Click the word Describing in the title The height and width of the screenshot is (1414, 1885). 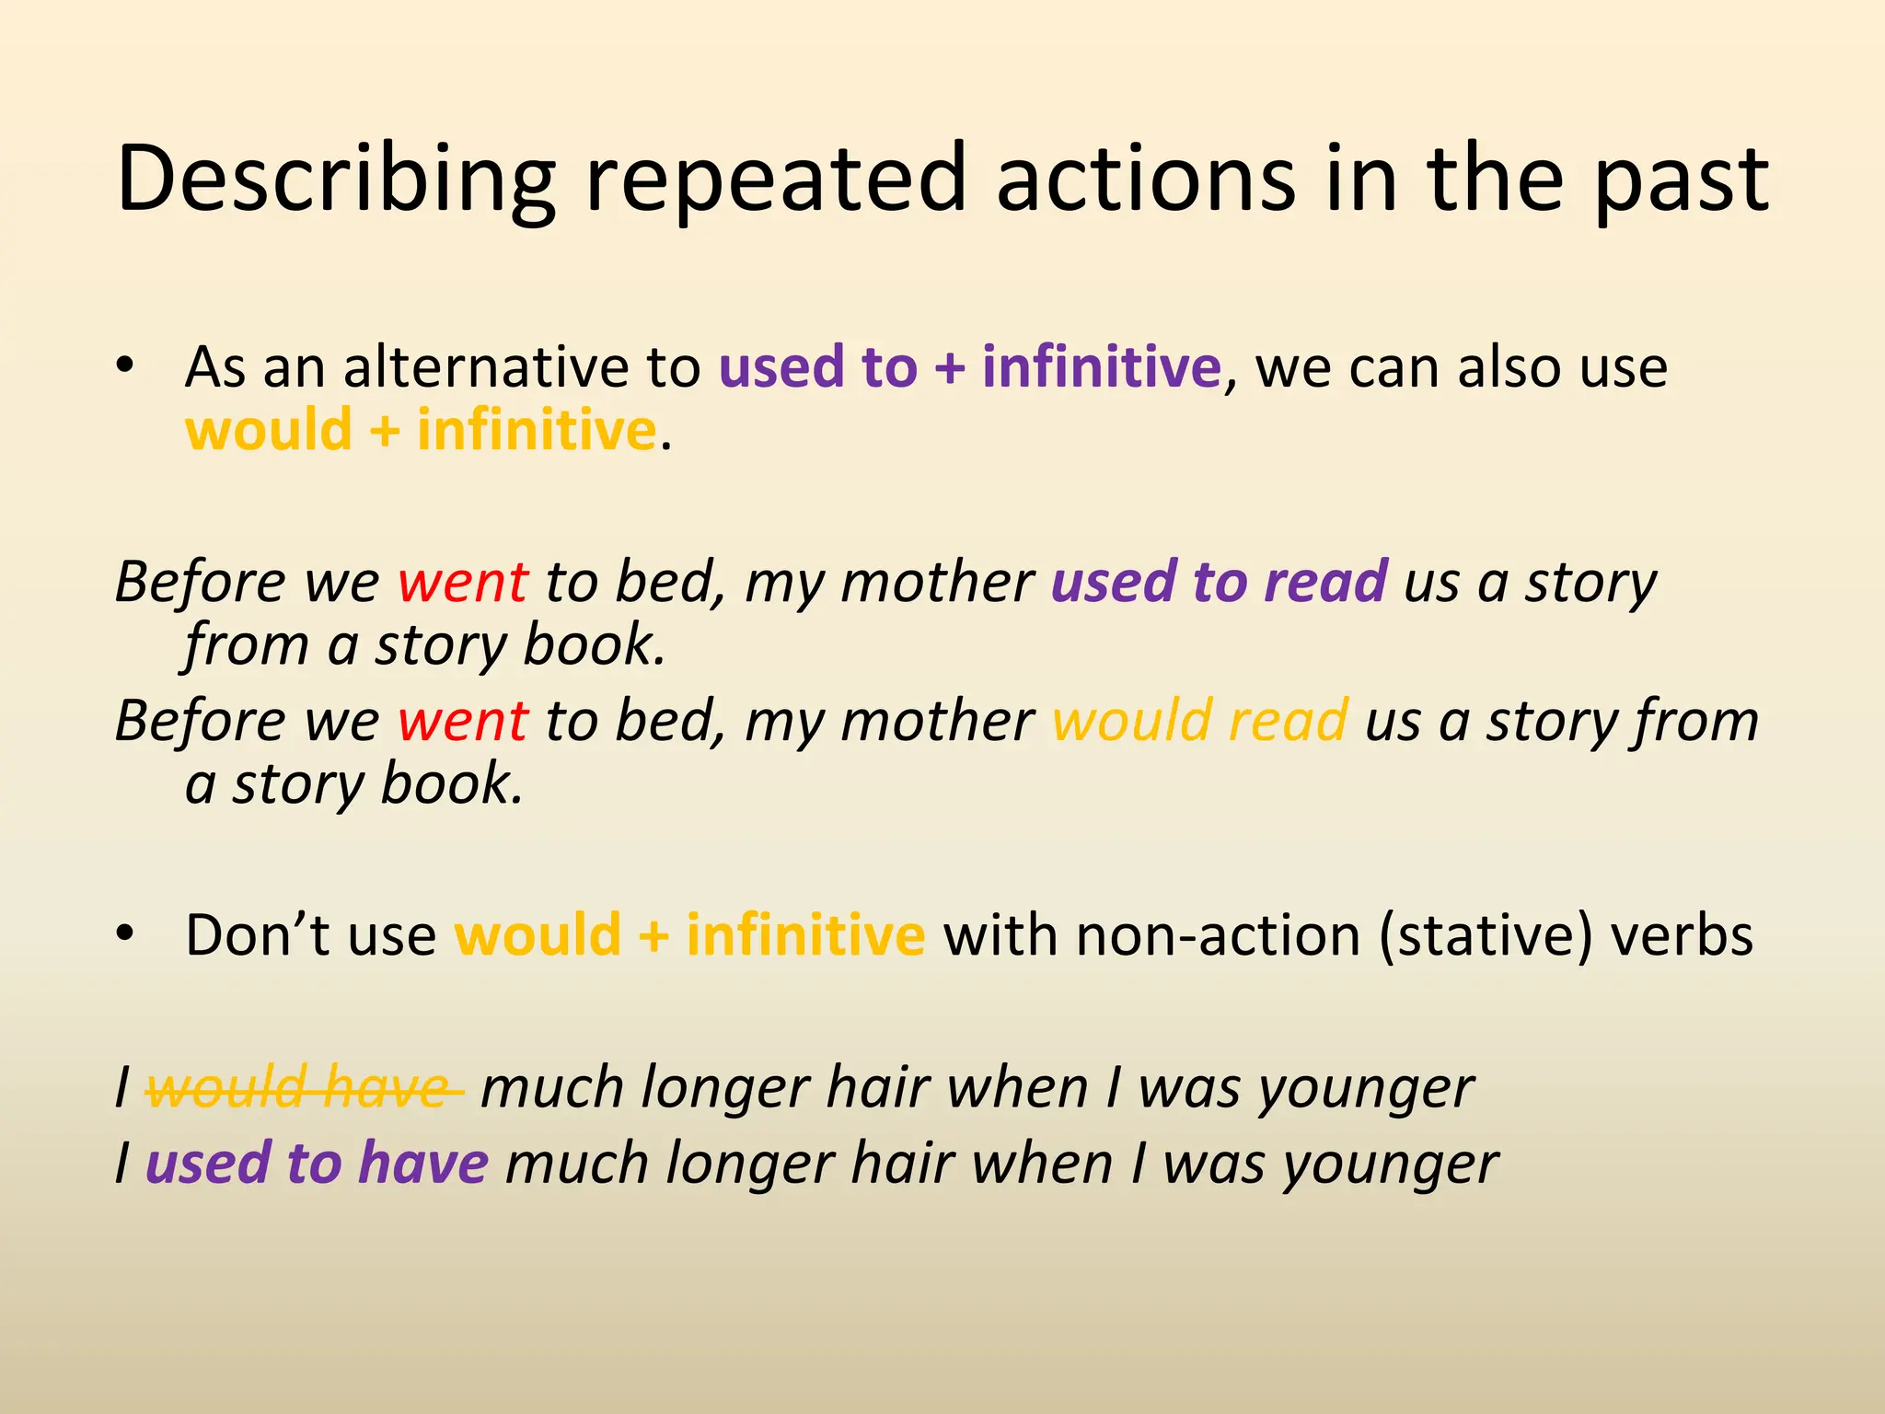336,180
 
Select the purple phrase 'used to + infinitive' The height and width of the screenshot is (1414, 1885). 969,367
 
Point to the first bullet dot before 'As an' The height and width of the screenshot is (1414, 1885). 125,365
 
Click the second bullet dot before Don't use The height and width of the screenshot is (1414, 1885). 125,933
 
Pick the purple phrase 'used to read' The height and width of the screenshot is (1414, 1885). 1219,582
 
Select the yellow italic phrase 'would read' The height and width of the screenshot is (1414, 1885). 1200,721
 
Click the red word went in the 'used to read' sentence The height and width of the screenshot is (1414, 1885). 463,582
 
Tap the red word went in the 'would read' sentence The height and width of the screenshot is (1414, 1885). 463,721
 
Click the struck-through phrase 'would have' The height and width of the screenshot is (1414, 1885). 304,1088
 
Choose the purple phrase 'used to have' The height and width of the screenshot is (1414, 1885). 317,1163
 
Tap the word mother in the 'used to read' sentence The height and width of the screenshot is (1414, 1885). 936,582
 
